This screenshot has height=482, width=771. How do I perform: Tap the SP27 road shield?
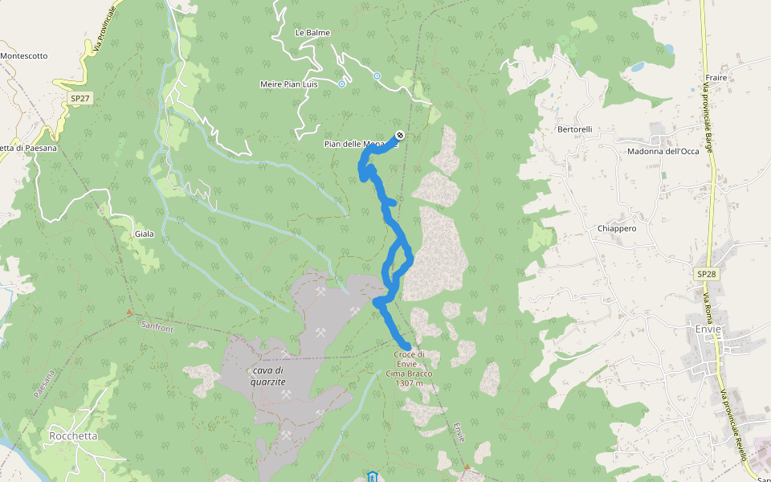[80, 98]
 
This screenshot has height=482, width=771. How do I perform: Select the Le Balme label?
[312, 33]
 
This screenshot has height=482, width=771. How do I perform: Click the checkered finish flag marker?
[400, 135]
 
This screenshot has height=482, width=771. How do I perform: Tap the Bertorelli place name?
[574, 129]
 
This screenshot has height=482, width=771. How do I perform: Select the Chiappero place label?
[617, 229]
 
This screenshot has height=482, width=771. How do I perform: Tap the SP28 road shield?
[706, 274]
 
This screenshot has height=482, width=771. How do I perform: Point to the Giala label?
[145, 235]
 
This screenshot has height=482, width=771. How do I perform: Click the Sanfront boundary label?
[156, 326]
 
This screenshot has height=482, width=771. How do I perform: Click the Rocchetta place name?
[73, 436]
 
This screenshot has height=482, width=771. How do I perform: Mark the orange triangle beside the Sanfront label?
[129, 312]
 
